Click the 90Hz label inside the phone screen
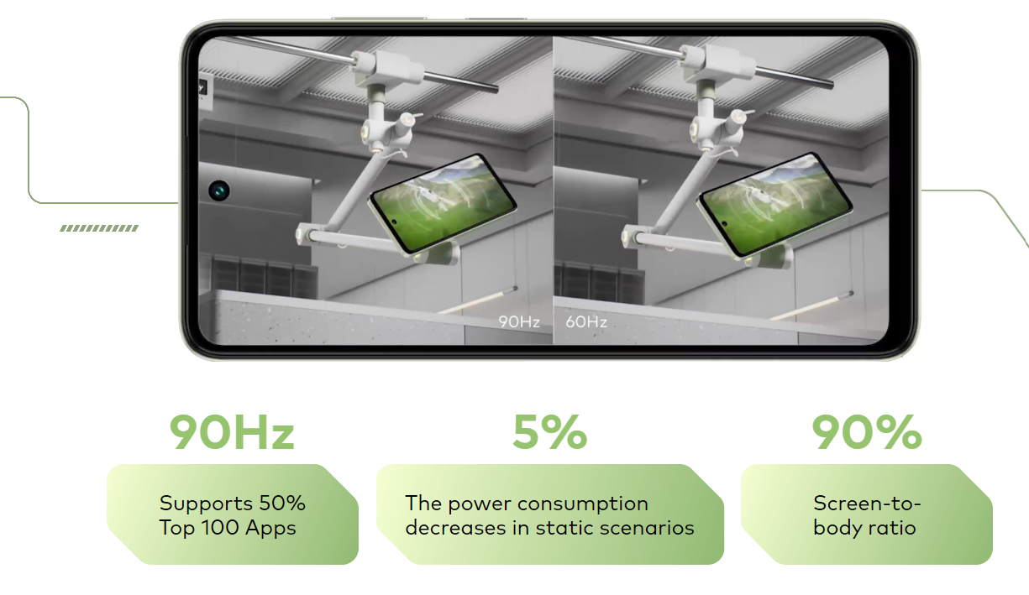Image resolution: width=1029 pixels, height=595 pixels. tap(519, 321)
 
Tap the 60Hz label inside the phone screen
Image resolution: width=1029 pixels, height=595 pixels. tap(586, 321)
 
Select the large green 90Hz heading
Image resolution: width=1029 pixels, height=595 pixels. tap(232, 432)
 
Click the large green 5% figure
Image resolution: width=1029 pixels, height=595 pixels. tap(550, 432)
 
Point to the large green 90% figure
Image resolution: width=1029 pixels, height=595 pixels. tap(867, 432)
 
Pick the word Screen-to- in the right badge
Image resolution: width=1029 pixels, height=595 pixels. tap(867, 504)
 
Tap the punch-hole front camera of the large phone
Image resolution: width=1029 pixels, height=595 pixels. tap(219, 190)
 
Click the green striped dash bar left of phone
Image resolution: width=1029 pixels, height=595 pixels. tap(99, 228)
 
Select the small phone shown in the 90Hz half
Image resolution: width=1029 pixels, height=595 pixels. tap(443, 203)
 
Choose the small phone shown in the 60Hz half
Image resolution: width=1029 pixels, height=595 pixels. tap(775, 204)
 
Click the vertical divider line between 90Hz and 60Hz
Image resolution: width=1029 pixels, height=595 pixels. tap(554, 190)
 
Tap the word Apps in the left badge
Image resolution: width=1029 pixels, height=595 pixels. tap(270, 529)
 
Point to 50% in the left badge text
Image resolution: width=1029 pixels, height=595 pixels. tap(282, 504)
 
